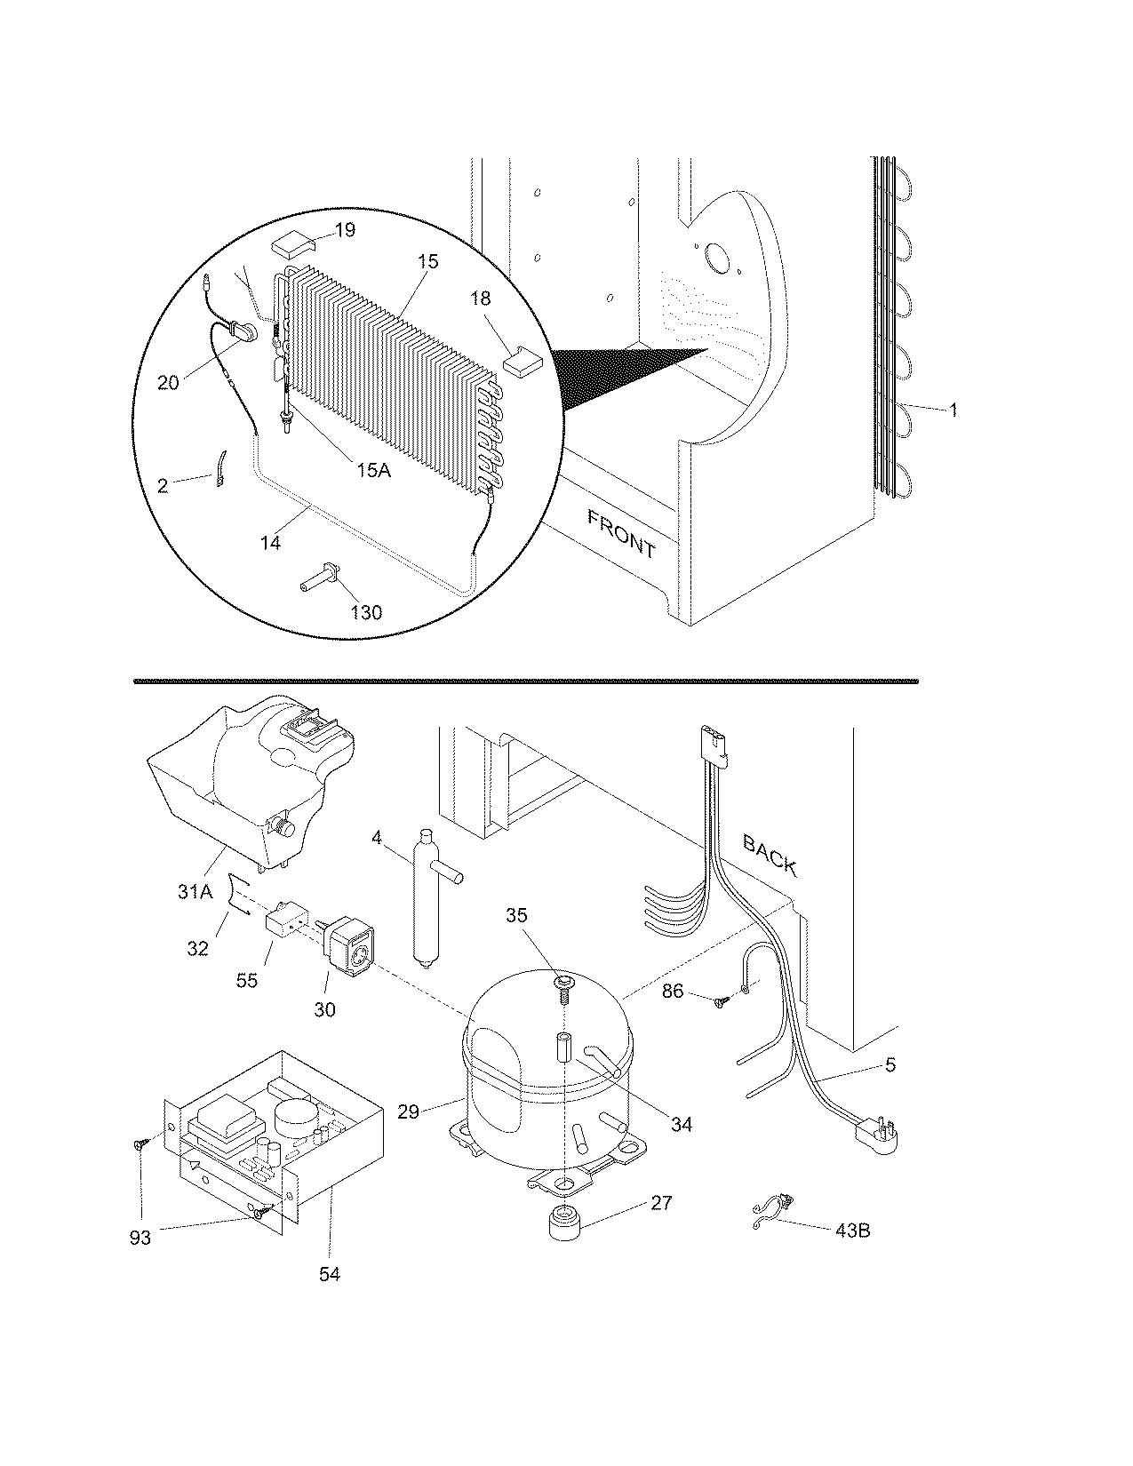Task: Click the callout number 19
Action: pyautogui.click(x=345, y=230)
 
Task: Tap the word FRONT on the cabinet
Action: pyautogui.click(x=621, y=533)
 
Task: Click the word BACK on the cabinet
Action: pyautogui.click(x=770, y=856)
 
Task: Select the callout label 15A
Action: pyautogui.click(x=373, y=471)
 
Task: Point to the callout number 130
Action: pyautogui.click(x=366, y=612)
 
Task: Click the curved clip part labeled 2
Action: pyautogui.click(x=219, y=467)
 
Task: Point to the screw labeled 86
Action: pyautogui.click(x=720, y=1000)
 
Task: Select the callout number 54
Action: pyautogui.click(x=329, y=1274)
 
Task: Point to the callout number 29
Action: pyautogui.click(x=408, y=1111)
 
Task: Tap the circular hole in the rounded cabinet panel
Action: pyautogui.click(x=715, y=259)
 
